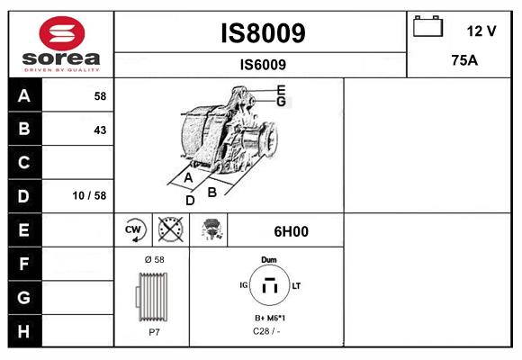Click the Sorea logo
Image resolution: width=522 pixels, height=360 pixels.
60,43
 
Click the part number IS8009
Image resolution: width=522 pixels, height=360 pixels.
263,33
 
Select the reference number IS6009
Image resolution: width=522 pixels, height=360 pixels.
263,64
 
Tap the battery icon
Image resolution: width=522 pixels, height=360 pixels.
427,27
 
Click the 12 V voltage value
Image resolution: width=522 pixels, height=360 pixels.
481,31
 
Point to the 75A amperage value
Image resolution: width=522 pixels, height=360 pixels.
463,61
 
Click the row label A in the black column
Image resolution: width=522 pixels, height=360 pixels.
23,96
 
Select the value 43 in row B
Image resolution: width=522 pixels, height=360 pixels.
100,130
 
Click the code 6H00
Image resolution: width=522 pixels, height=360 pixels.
291,230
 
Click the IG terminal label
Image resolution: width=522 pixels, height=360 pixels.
243,285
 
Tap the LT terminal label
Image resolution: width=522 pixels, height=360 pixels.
296,285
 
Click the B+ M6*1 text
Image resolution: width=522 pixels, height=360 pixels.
269,319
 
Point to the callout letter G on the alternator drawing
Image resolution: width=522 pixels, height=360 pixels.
281,102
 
